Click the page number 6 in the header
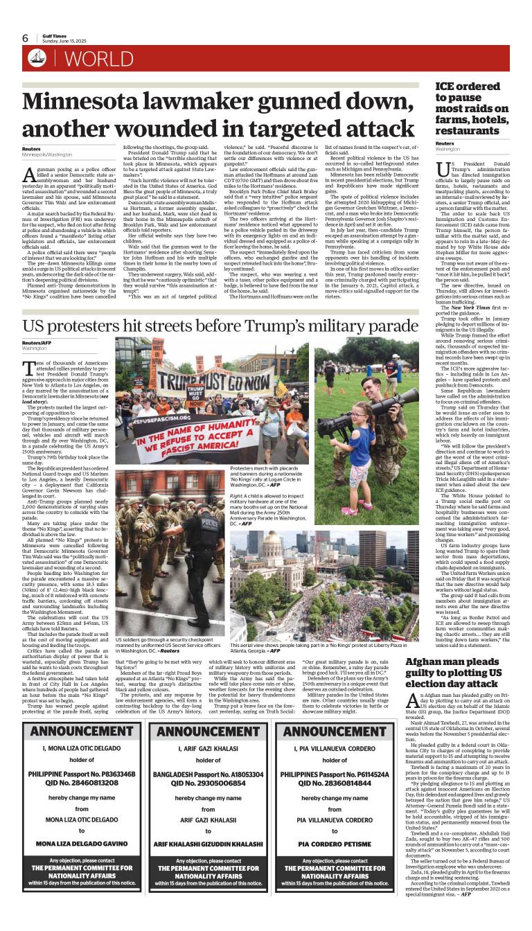pyautogui.click(x=25, y=37)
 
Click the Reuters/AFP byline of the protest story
pyautogui.click(x=36, y=342)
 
